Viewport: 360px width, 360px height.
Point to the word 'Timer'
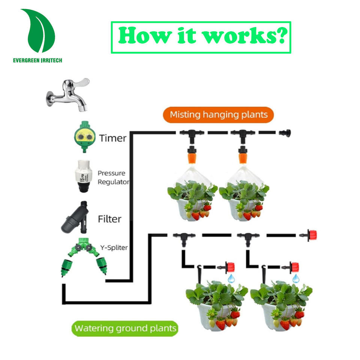(x=113, y=138)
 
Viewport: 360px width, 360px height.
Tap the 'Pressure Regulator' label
(x=113, y=177)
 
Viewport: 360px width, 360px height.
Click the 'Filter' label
(x=109, y=218)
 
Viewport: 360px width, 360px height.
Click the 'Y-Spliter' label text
(x=114, y=247)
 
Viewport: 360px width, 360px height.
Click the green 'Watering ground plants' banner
(x=125, y=329)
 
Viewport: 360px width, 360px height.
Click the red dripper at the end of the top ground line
(x=310, y=235)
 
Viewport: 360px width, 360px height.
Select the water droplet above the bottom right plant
(x=296, y=278)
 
